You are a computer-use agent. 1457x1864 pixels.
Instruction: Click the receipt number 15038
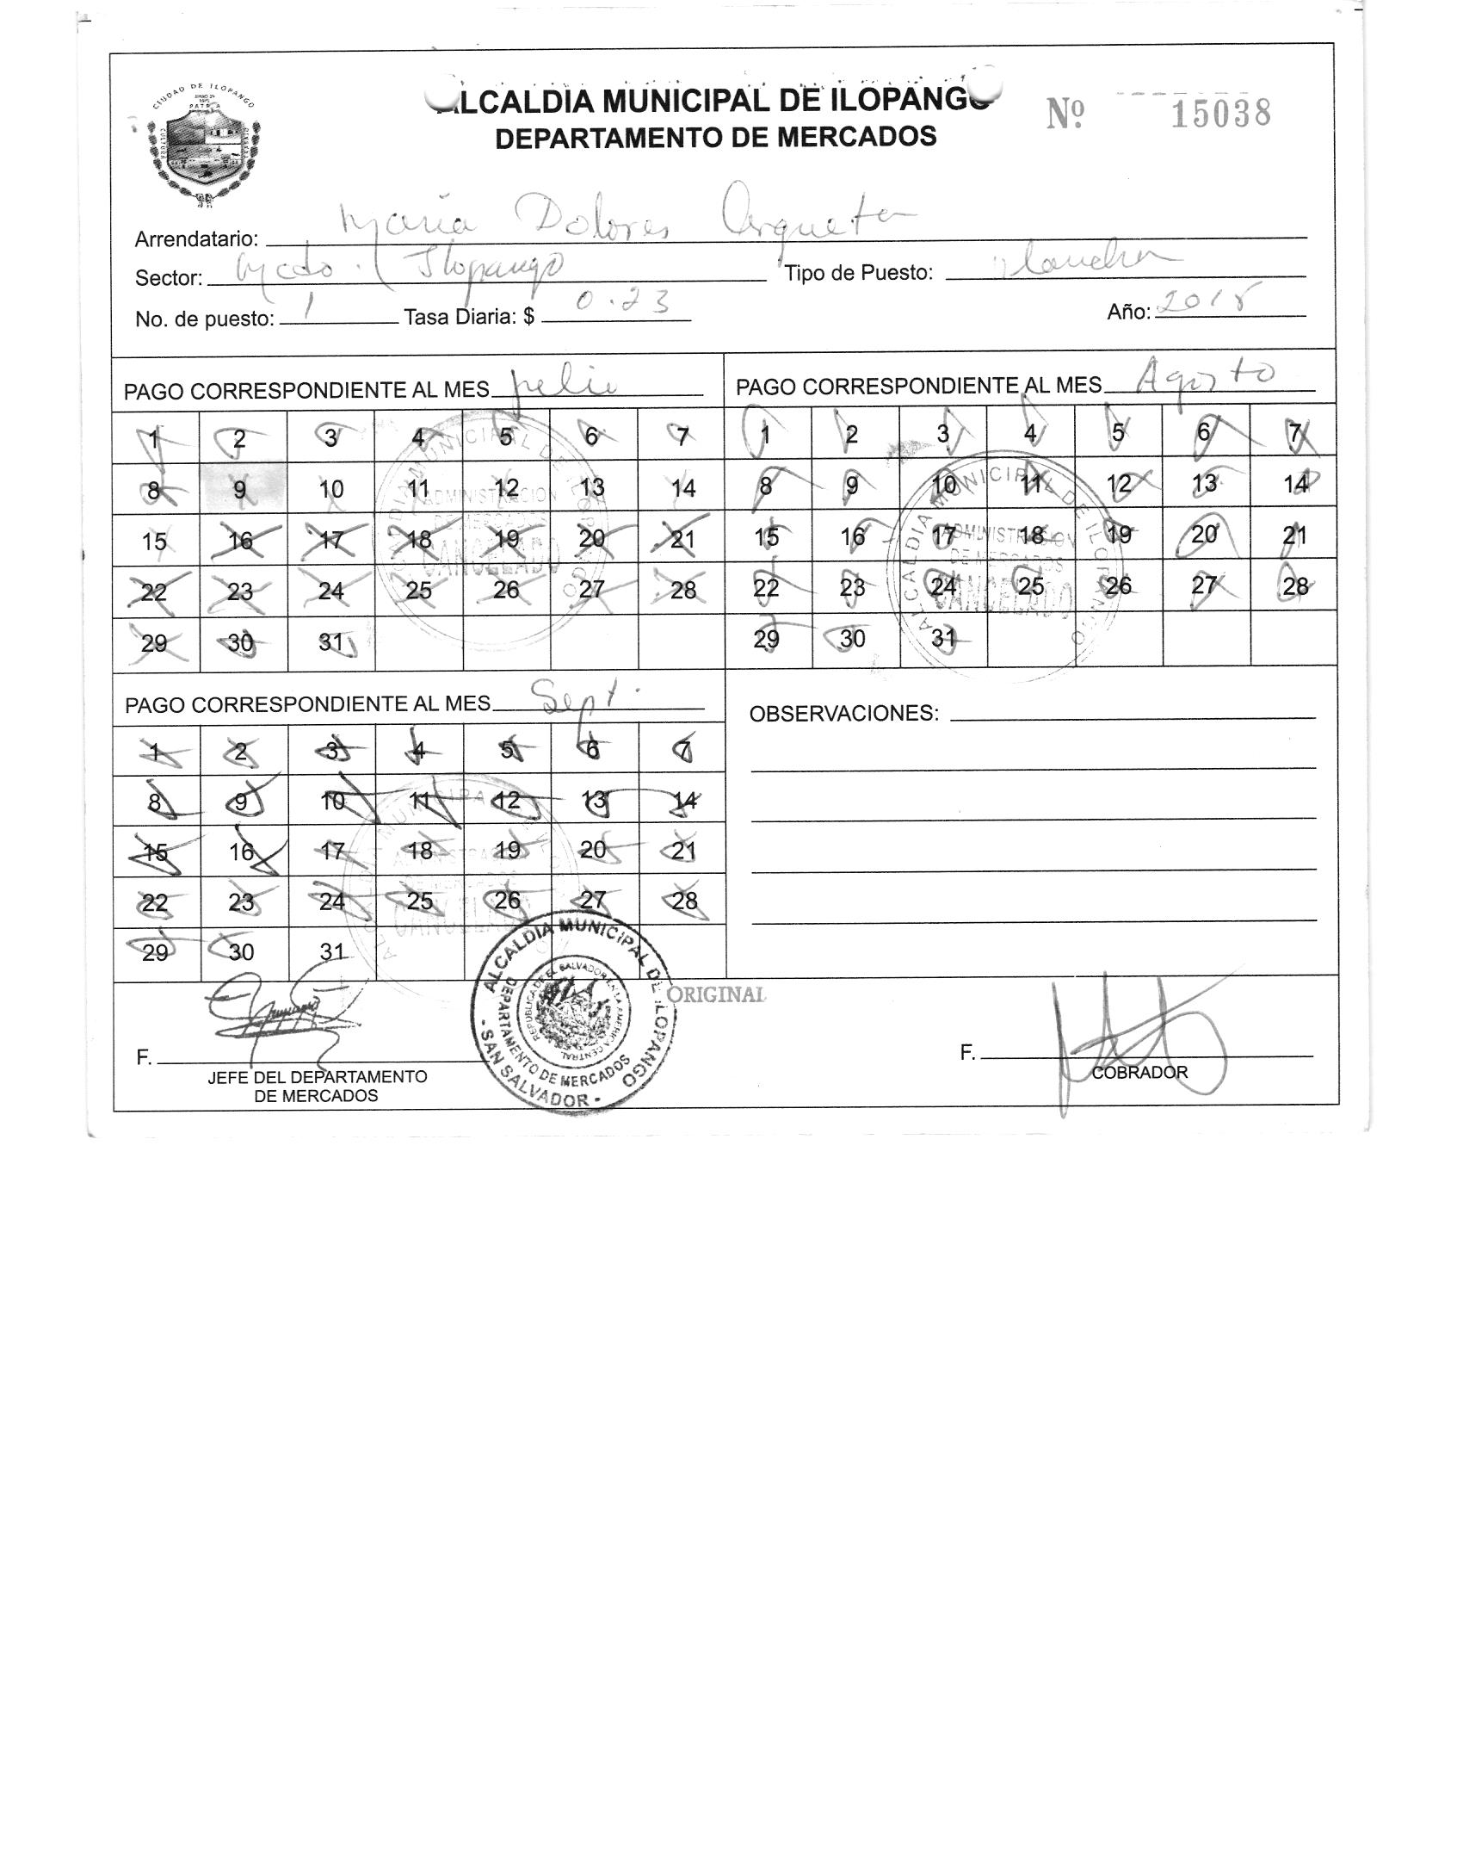[x=1220, y=114]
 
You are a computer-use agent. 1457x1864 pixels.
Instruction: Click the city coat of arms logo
[x=204, y=146]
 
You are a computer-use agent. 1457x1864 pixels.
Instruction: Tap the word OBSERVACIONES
[x=843, y=714]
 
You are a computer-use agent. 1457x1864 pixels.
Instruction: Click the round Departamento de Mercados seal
[x=574, y=1013]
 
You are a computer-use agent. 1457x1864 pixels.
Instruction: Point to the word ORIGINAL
[x=716, y=994]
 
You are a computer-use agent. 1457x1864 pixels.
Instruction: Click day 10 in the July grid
[x=330, y=489]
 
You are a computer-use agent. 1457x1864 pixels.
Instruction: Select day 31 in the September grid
[x=332, y=951]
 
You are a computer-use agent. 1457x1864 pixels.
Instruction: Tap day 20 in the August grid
[x=1204, y=535]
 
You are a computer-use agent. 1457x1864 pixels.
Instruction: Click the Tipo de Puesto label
[x=858, y=273]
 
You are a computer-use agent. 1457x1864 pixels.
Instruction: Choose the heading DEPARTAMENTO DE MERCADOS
[x=715, y=137]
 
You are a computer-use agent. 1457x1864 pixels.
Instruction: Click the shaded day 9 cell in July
[x=241, y=489]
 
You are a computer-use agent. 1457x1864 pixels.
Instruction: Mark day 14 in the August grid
[x=1294, y=485]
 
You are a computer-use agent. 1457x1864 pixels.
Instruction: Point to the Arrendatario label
[x=196, y=239]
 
